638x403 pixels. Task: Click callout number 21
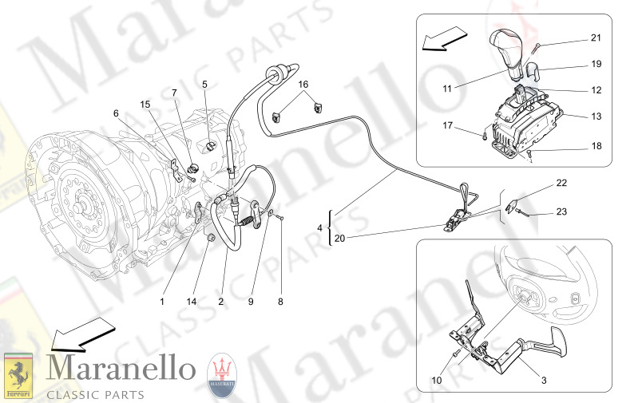coord(596,38)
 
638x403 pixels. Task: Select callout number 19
coord(596,64)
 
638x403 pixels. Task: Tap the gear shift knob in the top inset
coord(509,49)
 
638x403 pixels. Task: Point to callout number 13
coord(596,117)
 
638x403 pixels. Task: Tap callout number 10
coord(437,381)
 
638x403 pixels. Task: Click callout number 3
coord(544,380)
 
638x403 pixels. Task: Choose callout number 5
coord(204,83)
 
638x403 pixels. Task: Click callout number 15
coord(145,104)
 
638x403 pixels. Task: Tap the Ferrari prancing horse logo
coord(18,376)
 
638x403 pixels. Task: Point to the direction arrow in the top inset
coord(445,38)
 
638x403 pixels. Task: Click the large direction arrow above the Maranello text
coord(80,334)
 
